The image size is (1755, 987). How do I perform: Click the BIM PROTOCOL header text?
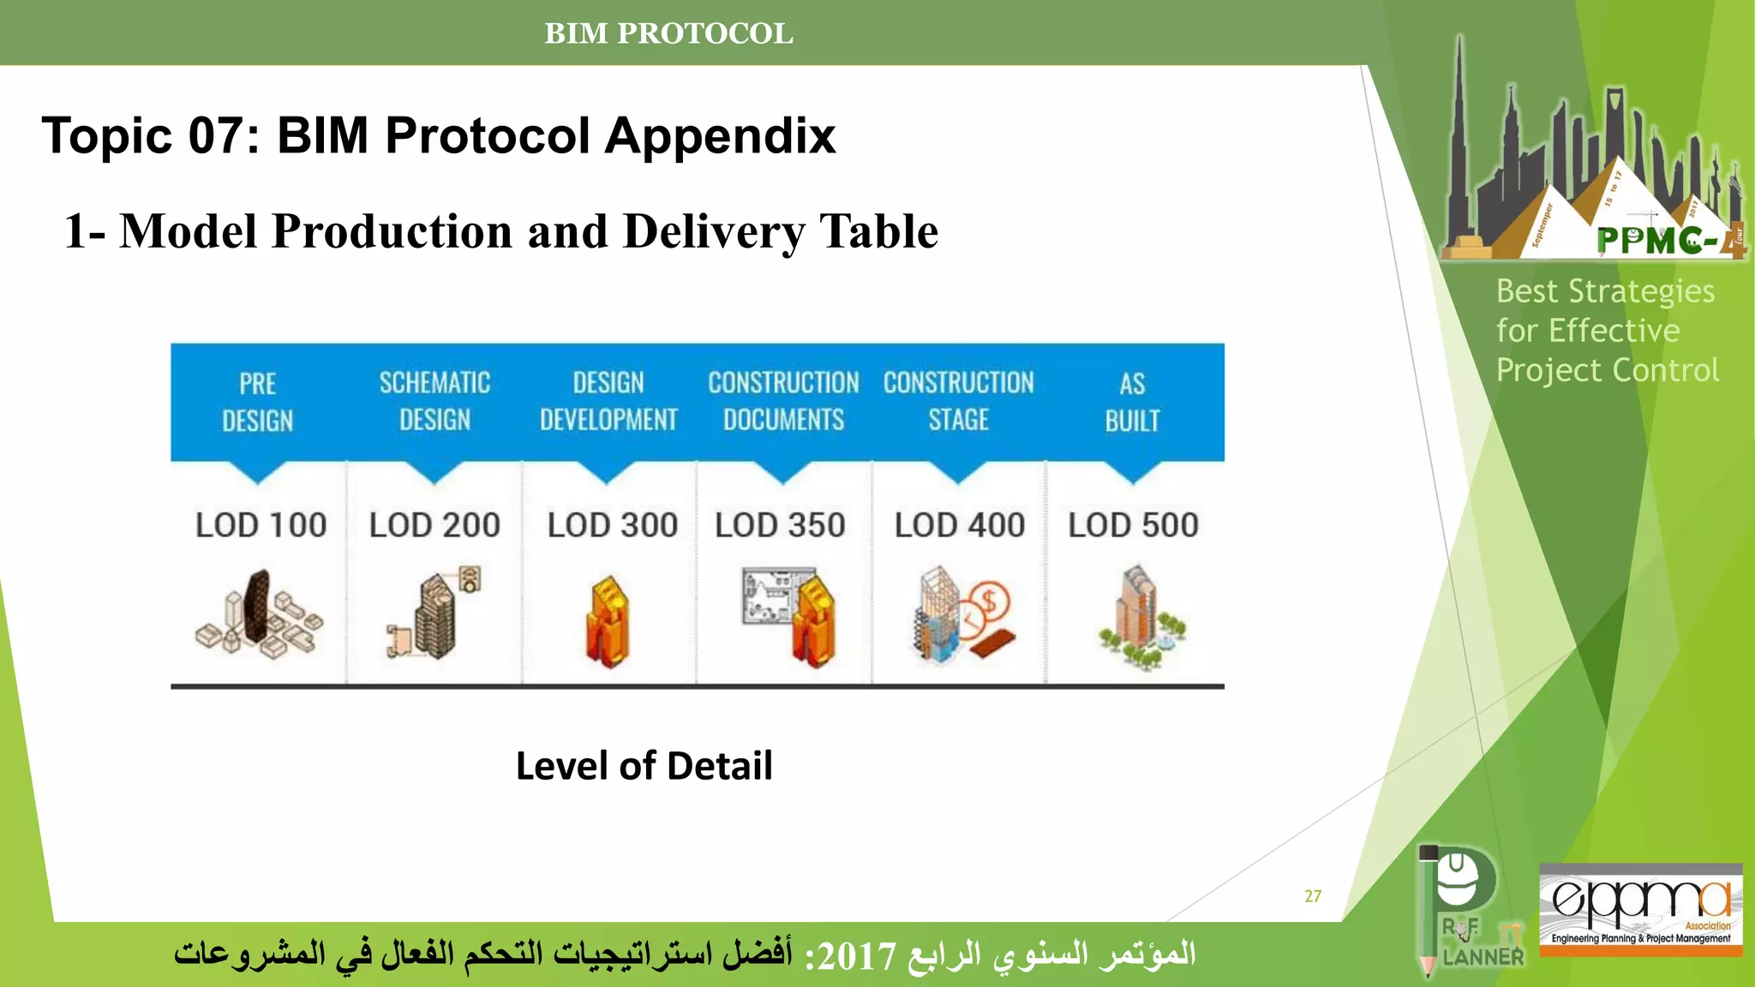(x=668, y=33)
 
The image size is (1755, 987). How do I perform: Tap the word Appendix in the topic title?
(x=720, y=135)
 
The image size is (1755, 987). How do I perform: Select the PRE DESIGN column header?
(x=258, y=402)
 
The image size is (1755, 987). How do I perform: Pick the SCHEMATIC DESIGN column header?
(x=434, y=401)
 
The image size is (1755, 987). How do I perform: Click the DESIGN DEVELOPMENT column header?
(x=608, y=401)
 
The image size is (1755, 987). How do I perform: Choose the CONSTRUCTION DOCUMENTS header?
(x=783, y=401)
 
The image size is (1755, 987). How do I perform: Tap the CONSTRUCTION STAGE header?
(x=958, y=401)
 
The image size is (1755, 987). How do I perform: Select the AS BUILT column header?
(x=1132, y=402)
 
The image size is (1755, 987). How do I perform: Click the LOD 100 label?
(x=261, y=525)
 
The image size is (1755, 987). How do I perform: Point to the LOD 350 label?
(x=780, y=525)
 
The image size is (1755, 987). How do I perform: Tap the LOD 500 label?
(x=1133, y=525)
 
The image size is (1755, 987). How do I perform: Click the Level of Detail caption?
(x=644, y=766)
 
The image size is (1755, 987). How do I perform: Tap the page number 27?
(x=1313, y=896)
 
